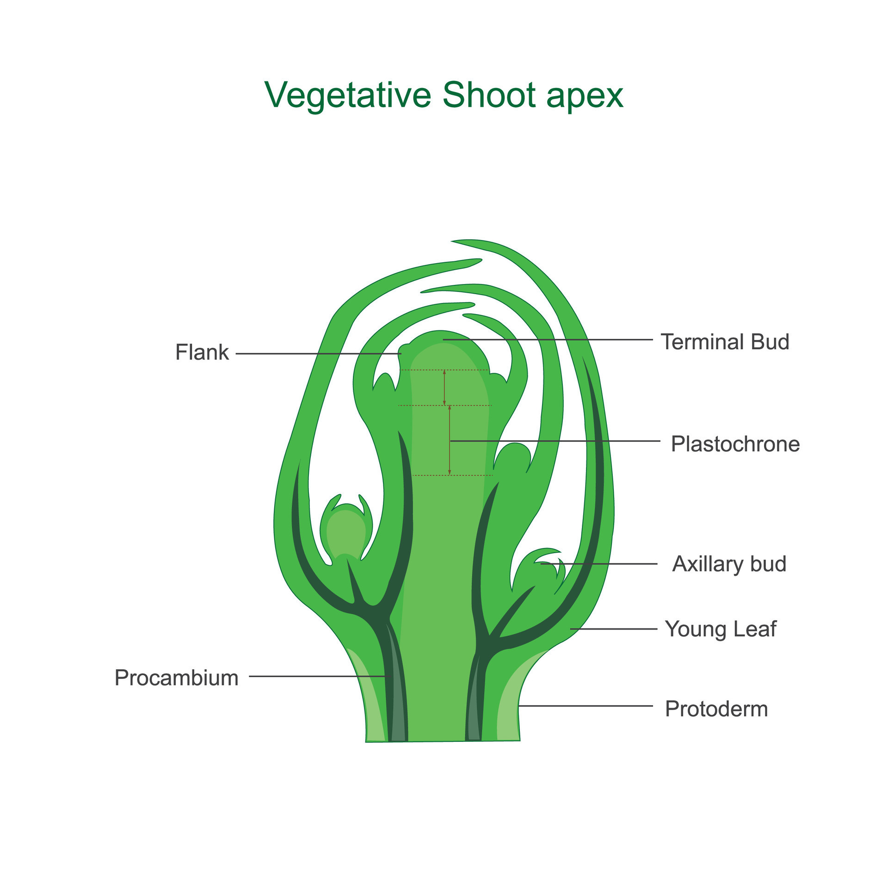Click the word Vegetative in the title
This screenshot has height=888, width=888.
348,96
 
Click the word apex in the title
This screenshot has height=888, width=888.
585,96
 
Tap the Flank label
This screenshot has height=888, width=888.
202,352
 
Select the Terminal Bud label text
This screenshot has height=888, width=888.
725,342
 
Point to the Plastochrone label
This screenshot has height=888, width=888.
735,444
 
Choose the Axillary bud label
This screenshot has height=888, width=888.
729,564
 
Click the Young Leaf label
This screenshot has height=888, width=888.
721,629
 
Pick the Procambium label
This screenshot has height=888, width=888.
176,678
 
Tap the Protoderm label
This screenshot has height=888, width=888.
716,709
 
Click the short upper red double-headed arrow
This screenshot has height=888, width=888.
444,388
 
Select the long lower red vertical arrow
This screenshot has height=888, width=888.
450,440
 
